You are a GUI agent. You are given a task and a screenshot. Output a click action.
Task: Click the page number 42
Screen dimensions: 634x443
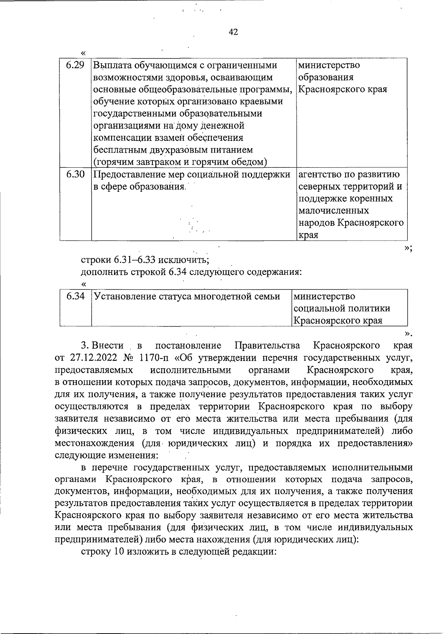pos(233,33)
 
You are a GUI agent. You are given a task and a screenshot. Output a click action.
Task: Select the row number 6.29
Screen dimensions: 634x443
pos(76,65)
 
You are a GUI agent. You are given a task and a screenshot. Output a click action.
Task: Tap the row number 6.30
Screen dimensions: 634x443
pos(76,174)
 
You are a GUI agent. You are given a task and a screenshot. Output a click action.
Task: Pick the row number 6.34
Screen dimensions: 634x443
pos(76,296)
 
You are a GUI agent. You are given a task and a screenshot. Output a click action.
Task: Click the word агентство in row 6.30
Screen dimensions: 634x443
pos(320,174)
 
